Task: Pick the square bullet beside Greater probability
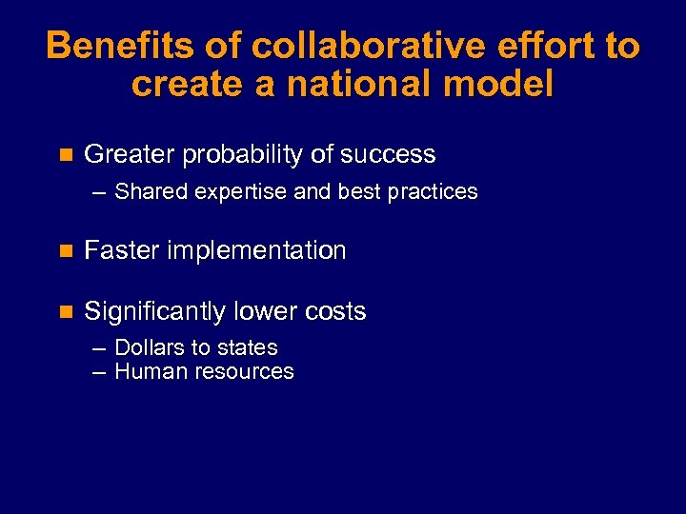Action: click(65, 154)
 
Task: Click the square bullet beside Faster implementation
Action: click(65, 251)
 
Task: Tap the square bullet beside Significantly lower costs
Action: click(65, 311)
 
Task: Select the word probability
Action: click(243, 154)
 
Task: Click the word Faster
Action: click(121, 250)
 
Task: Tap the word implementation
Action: click(256, 251)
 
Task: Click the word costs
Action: click(333, 311)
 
